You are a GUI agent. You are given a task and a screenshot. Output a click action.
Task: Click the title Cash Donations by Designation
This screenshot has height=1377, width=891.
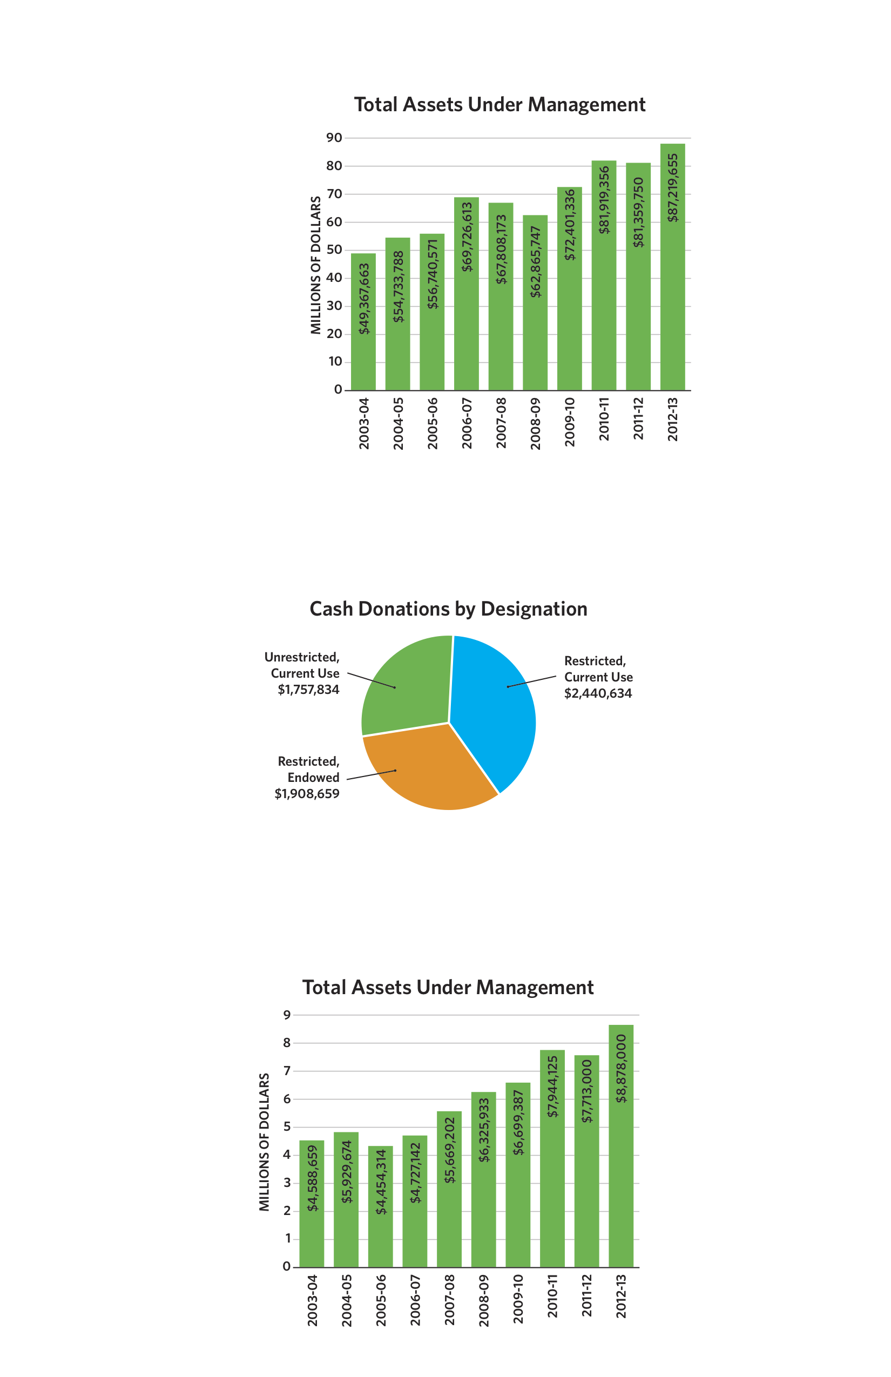(448, 609)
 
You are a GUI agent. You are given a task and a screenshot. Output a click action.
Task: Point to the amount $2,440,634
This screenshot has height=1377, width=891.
(598, 693)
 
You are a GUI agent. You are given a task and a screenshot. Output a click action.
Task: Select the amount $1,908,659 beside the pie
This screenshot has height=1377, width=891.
(307, 794)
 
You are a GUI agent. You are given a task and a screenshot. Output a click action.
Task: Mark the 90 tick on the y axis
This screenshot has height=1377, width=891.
(334, 138)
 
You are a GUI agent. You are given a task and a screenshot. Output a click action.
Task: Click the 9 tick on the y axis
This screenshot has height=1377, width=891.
(287, 1015)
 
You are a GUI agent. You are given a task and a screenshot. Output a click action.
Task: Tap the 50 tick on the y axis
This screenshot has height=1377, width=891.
(334, 250)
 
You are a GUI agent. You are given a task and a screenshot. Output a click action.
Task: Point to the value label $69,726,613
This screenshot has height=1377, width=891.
(467, 237)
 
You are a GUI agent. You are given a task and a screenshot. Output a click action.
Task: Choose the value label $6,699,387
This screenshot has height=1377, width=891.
(518, 1123)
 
